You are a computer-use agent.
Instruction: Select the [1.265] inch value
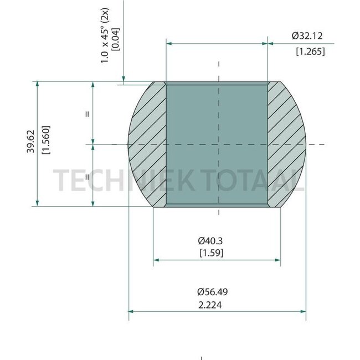(310, 52)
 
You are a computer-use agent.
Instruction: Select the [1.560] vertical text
(46, 143)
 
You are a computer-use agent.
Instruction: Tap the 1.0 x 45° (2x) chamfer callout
(105, 35)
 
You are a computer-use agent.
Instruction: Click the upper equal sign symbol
(87, 114)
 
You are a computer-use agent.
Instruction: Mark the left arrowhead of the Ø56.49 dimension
(131, 311)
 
